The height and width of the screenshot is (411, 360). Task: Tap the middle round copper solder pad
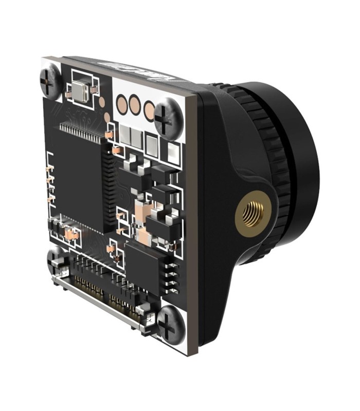(x=135, y=106)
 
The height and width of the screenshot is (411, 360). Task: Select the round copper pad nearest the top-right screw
(x=149, y=109)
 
